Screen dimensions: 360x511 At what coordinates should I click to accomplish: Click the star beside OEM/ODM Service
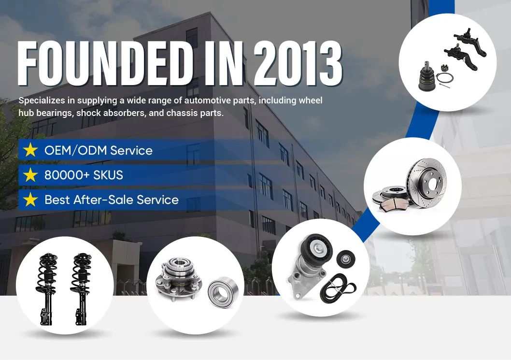point(30,150)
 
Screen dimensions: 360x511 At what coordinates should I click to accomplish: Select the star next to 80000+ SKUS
point(30,175)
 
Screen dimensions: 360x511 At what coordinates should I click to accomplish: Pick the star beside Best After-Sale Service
point(30,199)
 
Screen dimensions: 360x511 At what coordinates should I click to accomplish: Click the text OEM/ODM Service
point(98,150)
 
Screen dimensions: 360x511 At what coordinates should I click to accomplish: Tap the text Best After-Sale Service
point(112,200)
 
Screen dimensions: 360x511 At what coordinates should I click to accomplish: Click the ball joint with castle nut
point(427,77)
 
